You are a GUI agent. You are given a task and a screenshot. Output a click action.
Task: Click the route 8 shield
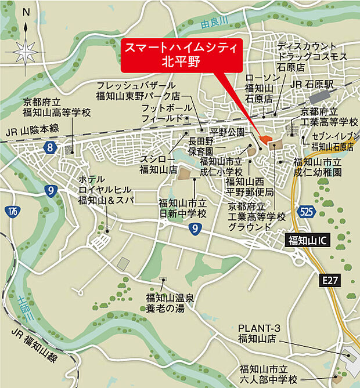pyautogui.click(x=51, y=148)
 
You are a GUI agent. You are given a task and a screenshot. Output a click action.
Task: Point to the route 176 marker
pyautogui.click(x=13, y=211)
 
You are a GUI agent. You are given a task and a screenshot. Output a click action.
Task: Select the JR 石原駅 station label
pyautogui.click(x=314, y=84)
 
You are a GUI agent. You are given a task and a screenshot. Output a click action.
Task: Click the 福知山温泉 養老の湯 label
pyautogui.click(x=165, y=303)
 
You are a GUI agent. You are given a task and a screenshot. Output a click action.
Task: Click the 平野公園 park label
pyautogui.click(x=228, y=133)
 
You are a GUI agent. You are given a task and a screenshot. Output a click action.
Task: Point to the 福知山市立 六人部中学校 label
pyautogui.click(x=268, y=374)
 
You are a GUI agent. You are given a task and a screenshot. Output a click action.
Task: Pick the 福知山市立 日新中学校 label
pyautogui.click(x=182, y=209)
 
